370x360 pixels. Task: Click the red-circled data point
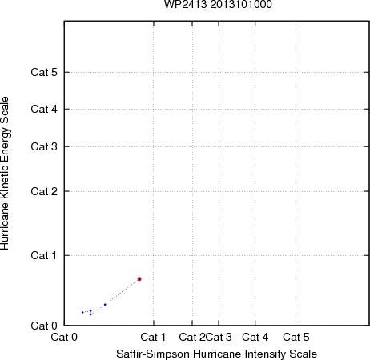tap(139, 279)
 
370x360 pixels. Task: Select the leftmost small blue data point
tap(82, 312)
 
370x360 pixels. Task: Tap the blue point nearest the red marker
tap(105, 305)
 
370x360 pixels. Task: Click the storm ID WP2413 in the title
tap(185, 4)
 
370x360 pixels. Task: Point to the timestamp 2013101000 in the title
tap(241, 4)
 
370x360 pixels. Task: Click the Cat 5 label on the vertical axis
tap(44, 72)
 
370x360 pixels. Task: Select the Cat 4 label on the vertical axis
tap(44, 109)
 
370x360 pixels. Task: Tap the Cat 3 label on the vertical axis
tap(44, 146)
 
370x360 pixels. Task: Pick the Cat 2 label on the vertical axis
tap(44, 191)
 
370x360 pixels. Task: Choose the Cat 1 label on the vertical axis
tap(44, 255)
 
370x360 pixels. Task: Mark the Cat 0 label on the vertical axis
tap(44, 326)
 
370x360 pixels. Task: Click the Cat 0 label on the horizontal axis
tap(64, 337)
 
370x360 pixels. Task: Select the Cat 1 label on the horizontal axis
tap(153, 337)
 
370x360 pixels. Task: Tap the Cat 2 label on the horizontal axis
tap(192, 337)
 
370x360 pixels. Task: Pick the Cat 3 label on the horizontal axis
tap(219, 337)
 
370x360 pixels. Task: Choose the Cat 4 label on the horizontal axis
tap(255, 337)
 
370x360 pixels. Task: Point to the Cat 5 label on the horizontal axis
tap(296, 337)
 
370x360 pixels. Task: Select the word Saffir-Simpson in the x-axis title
tap(153, 354)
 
